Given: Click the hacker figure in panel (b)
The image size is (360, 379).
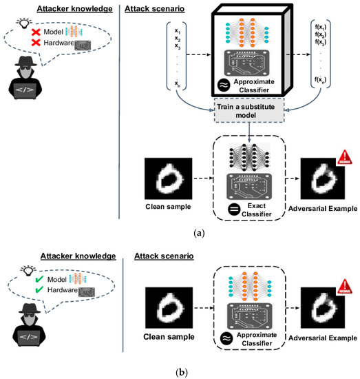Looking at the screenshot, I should (x=25, y=331).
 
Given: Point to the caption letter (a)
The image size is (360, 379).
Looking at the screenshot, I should (x=179, y=234).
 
